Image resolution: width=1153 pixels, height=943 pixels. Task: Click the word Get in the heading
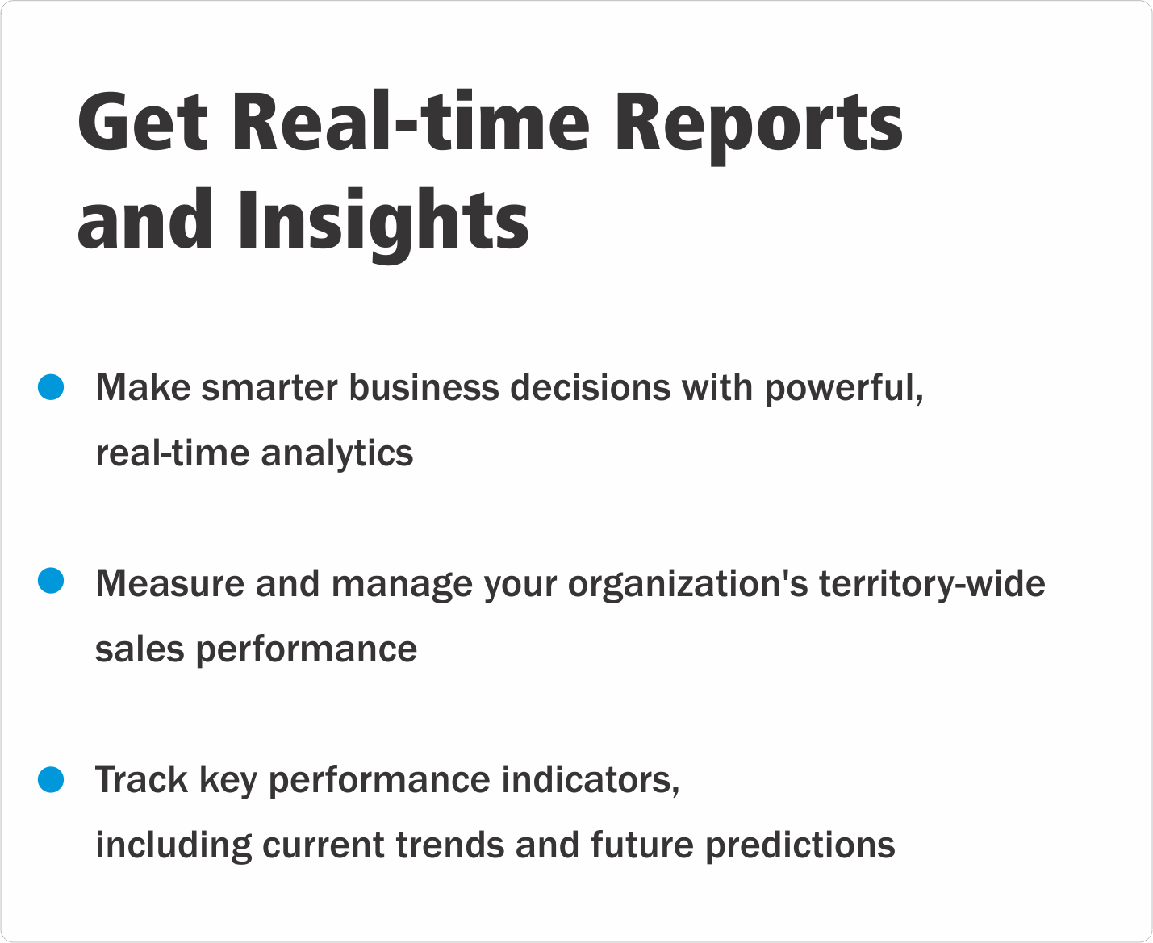coord(143,121)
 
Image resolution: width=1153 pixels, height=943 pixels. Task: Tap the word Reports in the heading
coord(758,127)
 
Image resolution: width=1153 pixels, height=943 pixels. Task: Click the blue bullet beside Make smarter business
coord(51,387)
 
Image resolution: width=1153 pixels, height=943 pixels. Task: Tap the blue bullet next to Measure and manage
coord(51,580)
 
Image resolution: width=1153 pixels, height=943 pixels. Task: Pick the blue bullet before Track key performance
coord(51,779)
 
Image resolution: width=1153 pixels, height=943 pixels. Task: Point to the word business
coord(424,387)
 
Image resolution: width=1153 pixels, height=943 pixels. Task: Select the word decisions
coord(590,387)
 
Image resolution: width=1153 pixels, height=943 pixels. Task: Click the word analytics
coord(336,454)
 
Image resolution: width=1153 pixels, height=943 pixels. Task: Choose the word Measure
coord(170,583)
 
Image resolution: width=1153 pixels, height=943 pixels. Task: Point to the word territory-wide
coord(932,585)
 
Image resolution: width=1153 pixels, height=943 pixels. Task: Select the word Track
coord(141,779)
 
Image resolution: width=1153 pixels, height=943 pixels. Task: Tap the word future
coord(641,845)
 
